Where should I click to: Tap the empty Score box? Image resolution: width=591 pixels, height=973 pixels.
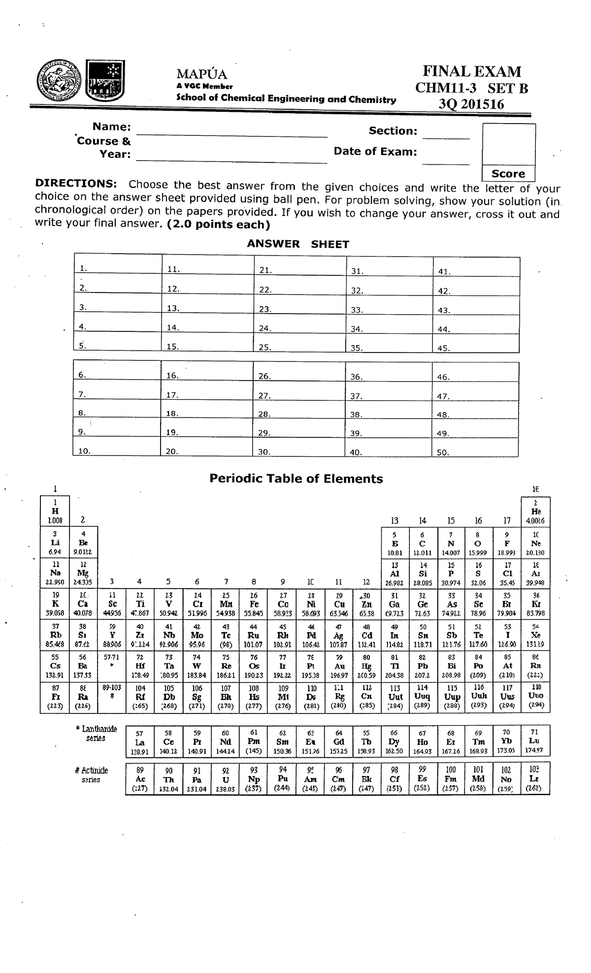pyautogui.click(x=508, y=144)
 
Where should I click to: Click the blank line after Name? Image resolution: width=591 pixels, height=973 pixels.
pyautogui.click(x=231, y=132)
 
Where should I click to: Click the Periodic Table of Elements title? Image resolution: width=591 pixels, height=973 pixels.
pyautogui.click(x=296, y=479)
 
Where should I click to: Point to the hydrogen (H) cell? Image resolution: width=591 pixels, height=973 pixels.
pyautogui.click(x=55, y=511)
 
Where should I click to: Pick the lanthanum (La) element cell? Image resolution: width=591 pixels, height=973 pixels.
pyautogui.click(x=140, y=741)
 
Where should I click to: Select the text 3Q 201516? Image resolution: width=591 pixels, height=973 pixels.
pyautogui.click(x=472, y=104)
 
